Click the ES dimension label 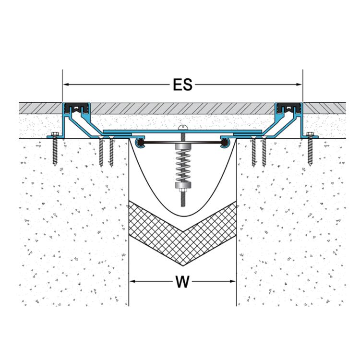[182, 85]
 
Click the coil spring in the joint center [183, 164]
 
